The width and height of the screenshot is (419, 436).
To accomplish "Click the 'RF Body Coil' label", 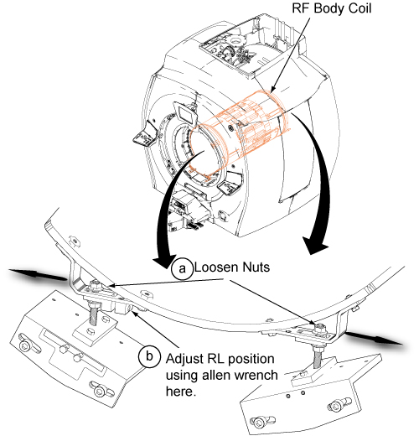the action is point(332,8).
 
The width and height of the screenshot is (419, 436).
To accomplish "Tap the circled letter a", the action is point(182,268).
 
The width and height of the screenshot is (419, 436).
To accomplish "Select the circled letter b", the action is point(149,356).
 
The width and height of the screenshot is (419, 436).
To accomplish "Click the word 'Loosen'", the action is point(216,267).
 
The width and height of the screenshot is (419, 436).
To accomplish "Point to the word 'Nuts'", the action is point(256,267).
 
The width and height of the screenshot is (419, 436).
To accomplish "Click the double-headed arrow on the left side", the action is point(39,274).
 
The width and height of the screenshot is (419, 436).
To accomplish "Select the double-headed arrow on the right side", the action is point(374,338).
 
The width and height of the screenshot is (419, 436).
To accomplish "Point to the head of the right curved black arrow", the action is point(315,246).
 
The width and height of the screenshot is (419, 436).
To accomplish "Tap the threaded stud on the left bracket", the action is point(94,314).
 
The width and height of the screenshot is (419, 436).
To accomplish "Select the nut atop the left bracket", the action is point(95,284).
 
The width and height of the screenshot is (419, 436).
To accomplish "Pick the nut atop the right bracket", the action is point(319,327).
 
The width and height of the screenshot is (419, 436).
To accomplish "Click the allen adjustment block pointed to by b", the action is point(122,308).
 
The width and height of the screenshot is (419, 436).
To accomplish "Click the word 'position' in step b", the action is point(252,360).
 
